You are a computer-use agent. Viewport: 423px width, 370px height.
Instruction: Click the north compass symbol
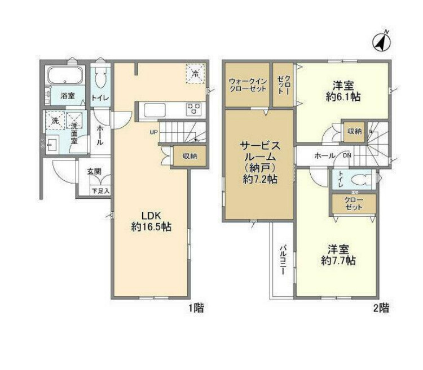tap(382, 43)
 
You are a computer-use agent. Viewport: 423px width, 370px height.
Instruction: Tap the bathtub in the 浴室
tap(65, 75)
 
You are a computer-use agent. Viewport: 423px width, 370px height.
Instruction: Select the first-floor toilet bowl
tap(100, 78)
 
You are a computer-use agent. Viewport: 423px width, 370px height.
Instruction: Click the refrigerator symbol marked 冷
tap(195, 73)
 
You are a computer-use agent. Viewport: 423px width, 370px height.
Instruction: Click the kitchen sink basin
tap(155, 110)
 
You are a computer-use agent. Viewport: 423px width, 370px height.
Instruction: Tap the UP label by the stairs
tap(153, 132)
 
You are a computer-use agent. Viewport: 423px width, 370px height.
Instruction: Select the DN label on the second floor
tap(347, 155)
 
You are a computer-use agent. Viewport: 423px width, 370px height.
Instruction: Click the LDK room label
tap(151, 216)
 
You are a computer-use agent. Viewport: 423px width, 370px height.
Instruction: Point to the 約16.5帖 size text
tap(151, 227)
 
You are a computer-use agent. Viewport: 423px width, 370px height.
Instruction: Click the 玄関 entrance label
tap(94, 171)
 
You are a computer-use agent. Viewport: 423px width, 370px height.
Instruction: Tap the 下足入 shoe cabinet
tap(100, 191)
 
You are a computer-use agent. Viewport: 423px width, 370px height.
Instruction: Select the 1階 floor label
tap(196, 308)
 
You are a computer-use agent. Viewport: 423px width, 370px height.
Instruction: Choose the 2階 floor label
tap(381, 308)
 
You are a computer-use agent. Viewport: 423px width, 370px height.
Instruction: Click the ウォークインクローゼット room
tap(248, 85)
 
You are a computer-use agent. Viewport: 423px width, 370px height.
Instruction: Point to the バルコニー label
tap(283, 260)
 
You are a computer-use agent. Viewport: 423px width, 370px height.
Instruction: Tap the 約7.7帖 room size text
tap(338, 261)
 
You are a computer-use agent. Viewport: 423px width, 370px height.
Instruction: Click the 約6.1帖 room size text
tap(343, 97)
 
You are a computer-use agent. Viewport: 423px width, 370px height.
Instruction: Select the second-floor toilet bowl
tap(361, 179)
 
